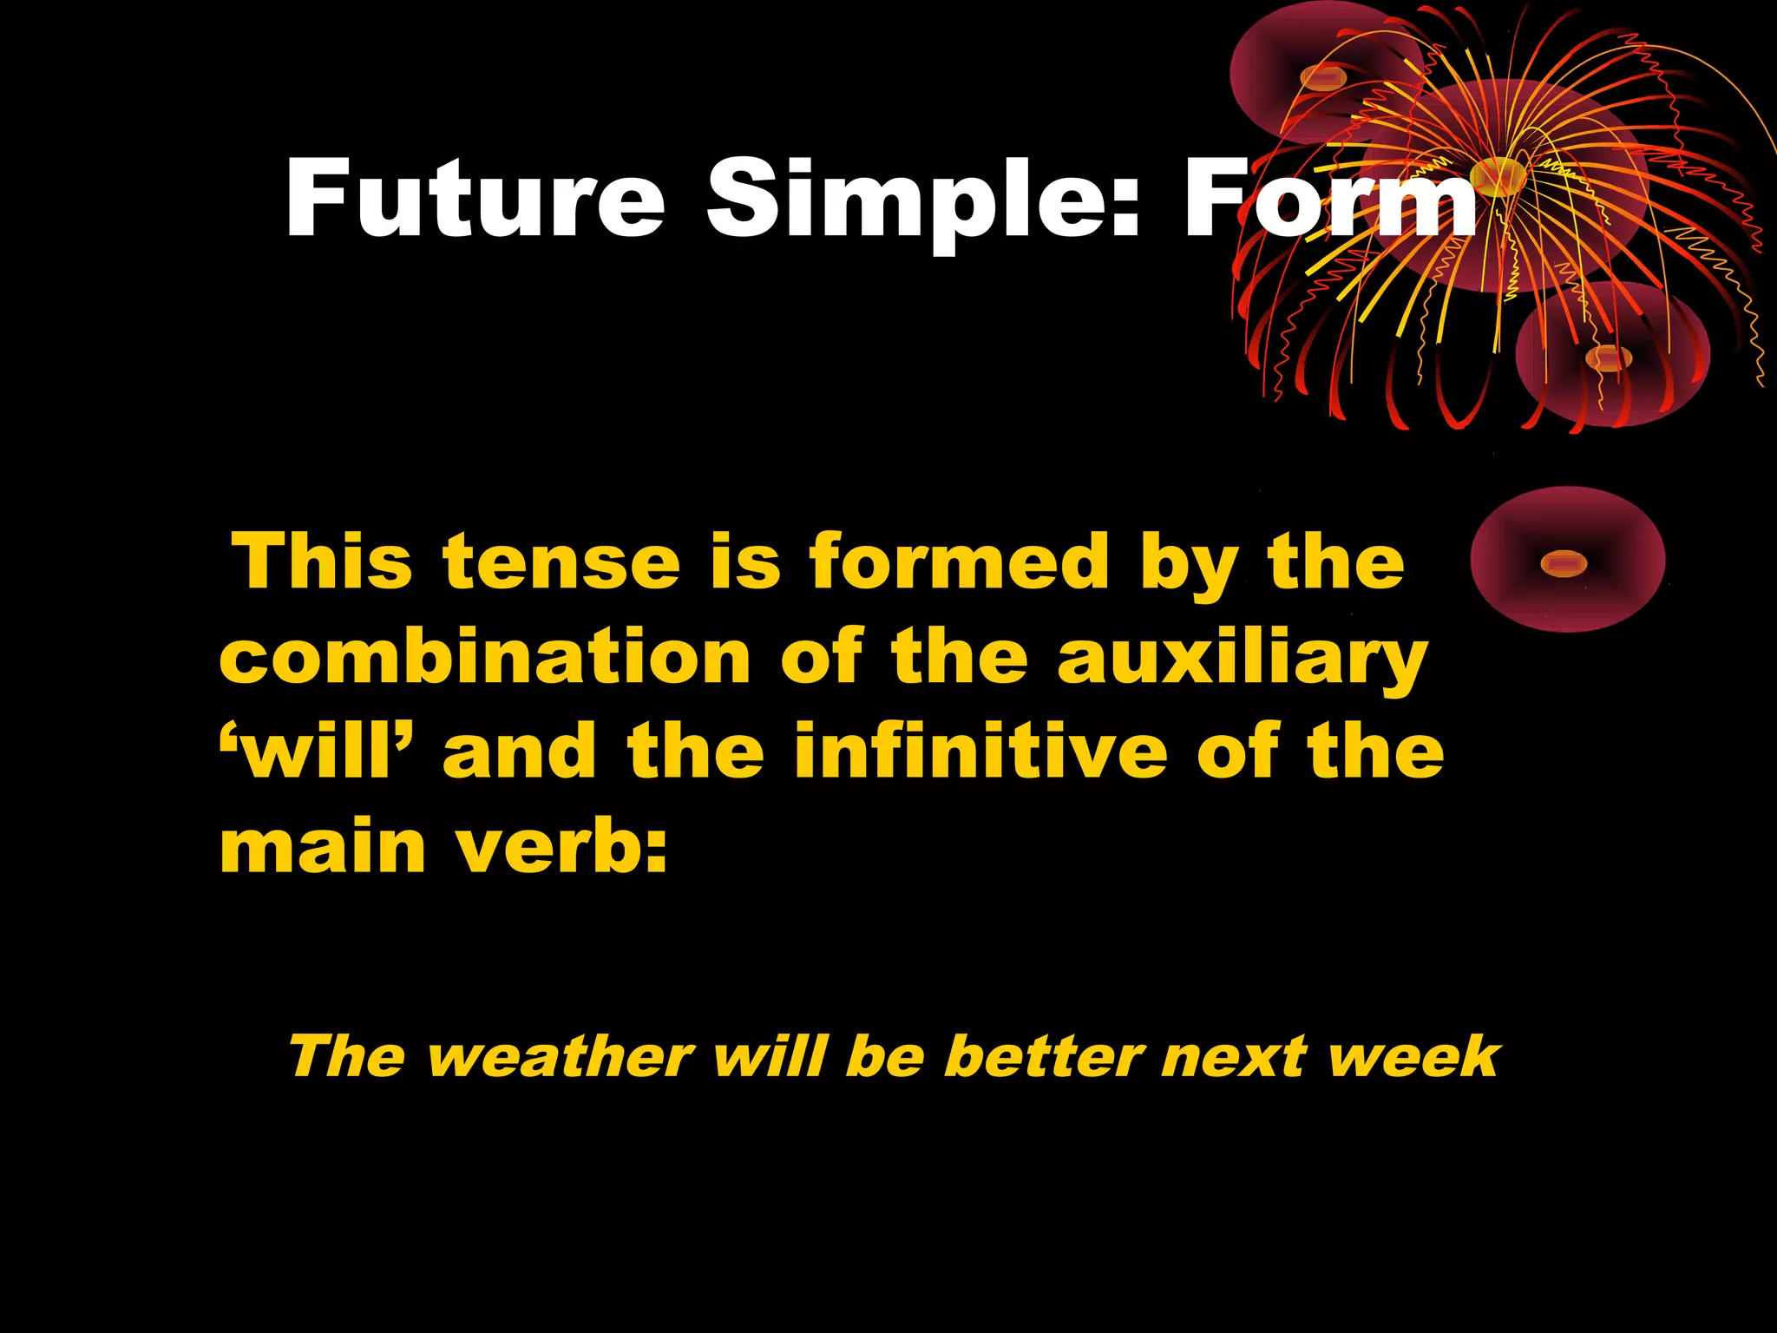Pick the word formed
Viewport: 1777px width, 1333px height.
pyautogui.click(x=959, y=562)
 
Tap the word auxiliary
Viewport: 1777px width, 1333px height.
pyautogui.click(x=1242, y=657)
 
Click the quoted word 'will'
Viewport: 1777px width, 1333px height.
pyautogui.click(x=318, y=751)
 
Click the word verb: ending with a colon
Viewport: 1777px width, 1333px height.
pyautogui.click(x=563, y=846)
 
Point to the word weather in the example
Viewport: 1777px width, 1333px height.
pyautogui.click(x=561, y=1057)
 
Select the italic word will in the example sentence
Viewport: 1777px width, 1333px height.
pyautogui.click(x=769, y=1057)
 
